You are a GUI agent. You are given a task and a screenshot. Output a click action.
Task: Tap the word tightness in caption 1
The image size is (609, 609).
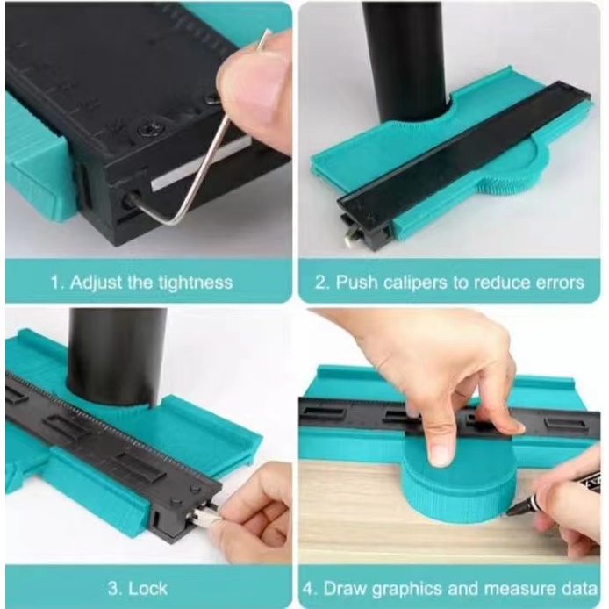click(x=196, y=282)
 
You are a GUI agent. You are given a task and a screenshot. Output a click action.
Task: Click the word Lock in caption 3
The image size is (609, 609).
click(x=147, y=589)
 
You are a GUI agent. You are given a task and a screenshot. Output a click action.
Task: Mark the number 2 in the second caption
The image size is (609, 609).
click(x=321, y=283)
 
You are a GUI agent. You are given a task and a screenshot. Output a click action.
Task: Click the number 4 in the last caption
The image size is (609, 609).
click(x=309, y=589)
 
